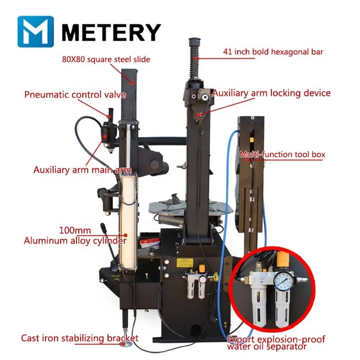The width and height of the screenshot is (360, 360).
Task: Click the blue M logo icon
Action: (x=36, y=31)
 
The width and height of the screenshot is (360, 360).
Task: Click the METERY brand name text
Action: (x=110, y=32)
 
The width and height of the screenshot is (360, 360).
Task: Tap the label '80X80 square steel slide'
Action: (x=106, y=59)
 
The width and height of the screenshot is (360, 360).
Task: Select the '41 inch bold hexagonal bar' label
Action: (x=273, y=51)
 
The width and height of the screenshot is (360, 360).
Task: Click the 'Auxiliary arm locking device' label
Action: (x=271, y=93)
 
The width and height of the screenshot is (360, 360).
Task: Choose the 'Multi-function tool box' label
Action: (x=282, y=155)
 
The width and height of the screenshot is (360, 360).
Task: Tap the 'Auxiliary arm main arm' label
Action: (x=82, y=170)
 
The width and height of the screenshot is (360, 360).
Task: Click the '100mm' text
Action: (x=72, y=230)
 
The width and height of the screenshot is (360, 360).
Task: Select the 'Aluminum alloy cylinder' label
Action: (x=75, y=241)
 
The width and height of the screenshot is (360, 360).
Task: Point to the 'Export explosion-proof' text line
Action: (x=276, y=339)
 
